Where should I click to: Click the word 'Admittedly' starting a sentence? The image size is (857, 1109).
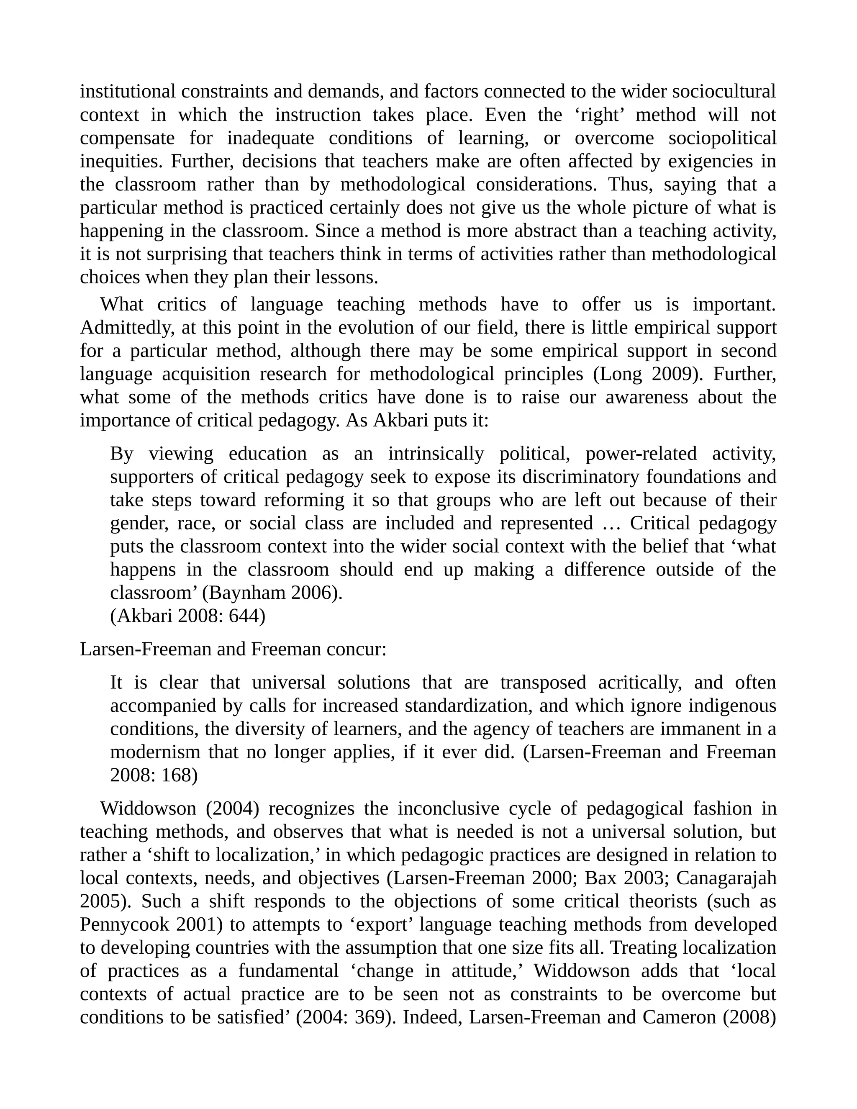(x=127, y=328)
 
